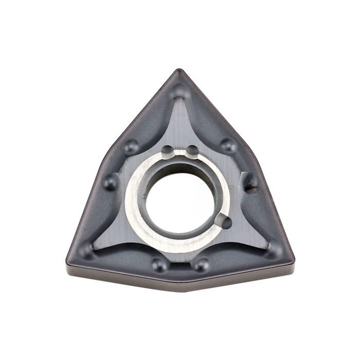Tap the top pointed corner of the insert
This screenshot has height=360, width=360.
(179, 70)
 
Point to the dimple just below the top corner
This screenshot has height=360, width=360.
(180, 92)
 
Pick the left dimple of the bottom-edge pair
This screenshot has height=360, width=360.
(159, 265)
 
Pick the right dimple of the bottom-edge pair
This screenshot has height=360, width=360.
(201, 265)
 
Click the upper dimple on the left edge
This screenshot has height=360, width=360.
(131, 147)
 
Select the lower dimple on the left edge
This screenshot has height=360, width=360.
(110, 182)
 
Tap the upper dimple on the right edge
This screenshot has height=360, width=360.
(228, 146)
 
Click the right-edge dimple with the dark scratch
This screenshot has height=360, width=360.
(250, 182)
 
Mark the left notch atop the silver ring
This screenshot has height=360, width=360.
(168, 151)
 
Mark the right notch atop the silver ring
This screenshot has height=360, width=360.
(192, 151)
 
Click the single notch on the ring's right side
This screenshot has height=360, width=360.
(224, 221)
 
